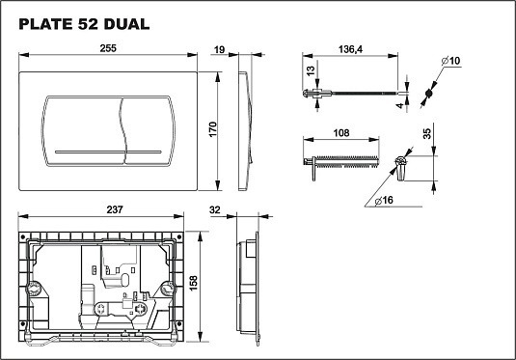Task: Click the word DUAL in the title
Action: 126,24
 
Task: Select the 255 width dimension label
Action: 108,48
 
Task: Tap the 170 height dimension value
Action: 213,129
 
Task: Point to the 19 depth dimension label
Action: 219,50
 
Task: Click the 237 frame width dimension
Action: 115,209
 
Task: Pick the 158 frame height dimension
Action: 193,283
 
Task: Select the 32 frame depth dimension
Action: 214,209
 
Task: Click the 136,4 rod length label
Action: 350,49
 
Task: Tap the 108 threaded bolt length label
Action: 340,133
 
